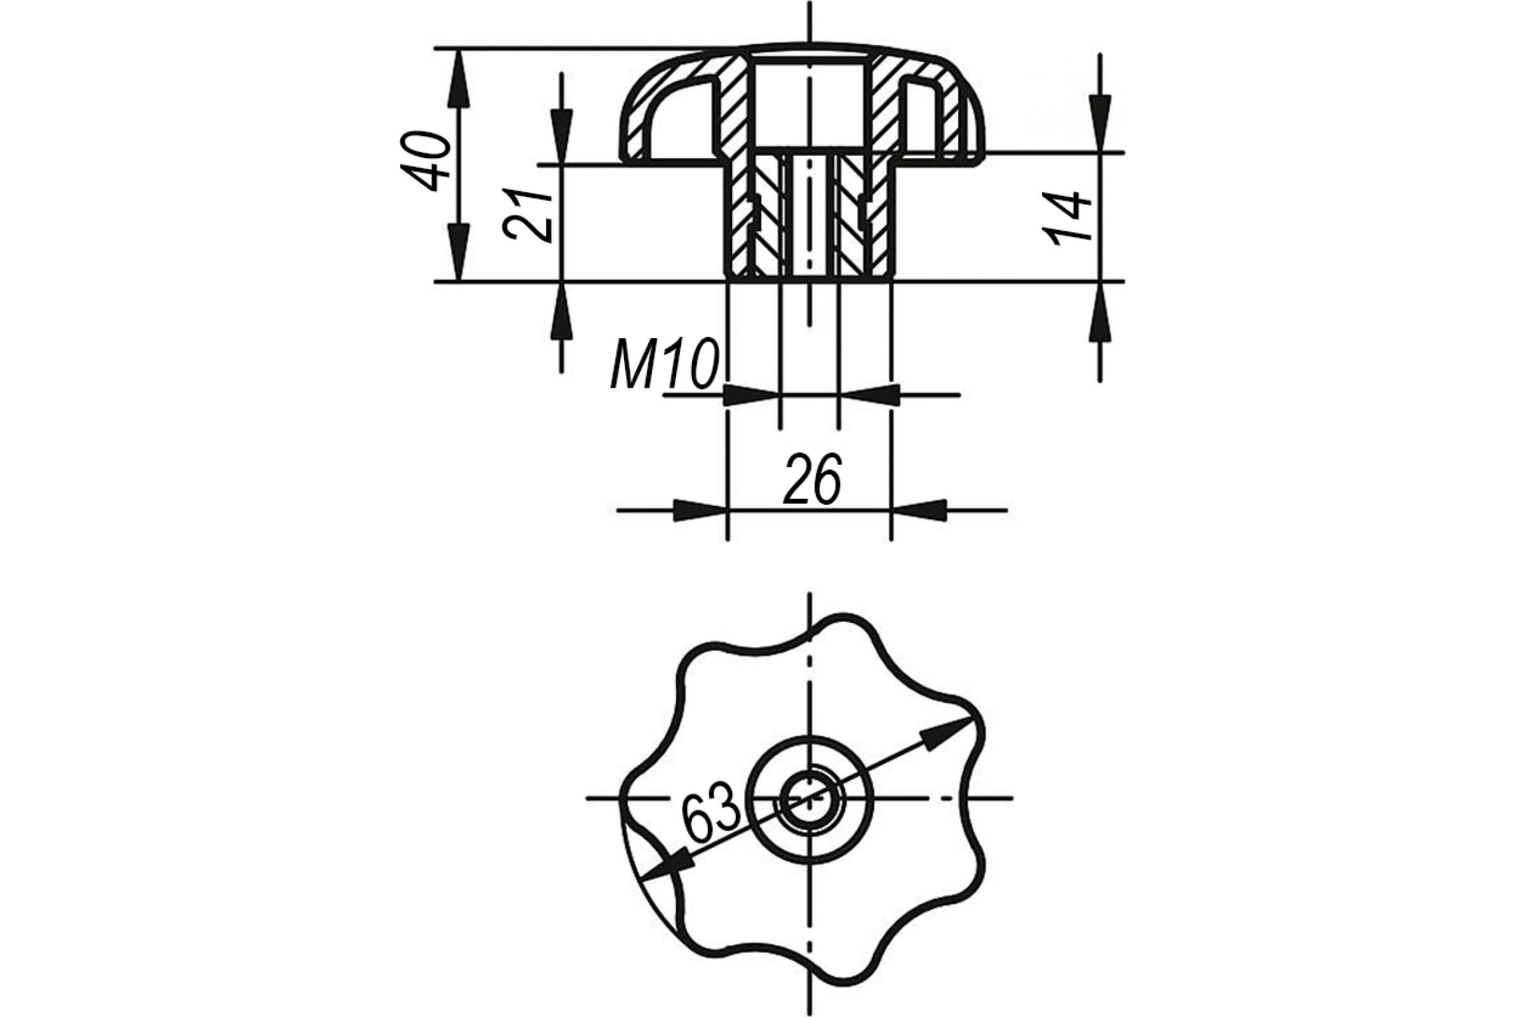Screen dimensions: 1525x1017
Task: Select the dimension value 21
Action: [527, 216]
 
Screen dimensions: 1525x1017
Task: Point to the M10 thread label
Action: [665, 363]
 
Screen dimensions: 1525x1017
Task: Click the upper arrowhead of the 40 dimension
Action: [458, 78]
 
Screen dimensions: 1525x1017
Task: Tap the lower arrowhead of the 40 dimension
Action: [458, 252]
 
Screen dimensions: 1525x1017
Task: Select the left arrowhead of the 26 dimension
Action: [700, 510]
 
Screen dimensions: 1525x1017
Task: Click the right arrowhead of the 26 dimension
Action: [919, 510]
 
